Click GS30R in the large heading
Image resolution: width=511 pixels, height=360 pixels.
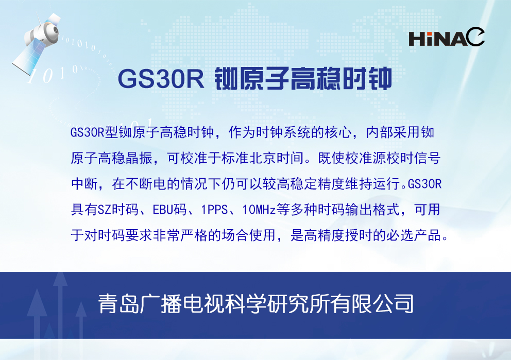(x=162, y=78)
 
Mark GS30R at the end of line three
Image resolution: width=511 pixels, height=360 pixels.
(x=425, y=184)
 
